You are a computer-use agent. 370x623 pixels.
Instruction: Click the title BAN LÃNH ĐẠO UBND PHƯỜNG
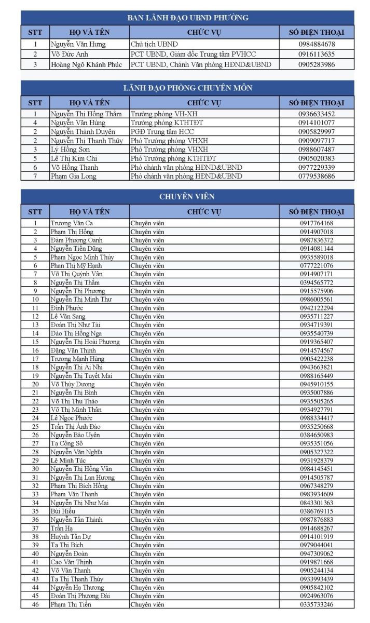tap(187, 18)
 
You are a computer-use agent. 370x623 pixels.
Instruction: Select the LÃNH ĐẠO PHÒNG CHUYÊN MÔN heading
tap(187, 88)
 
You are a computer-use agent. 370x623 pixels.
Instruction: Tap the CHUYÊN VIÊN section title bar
tap(187, 197)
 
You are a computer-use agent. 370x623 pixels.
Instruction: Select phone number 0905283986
tap(317, 64)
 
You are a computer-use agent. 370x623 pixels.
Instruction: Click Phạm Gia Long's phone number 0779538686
tap(317, 176)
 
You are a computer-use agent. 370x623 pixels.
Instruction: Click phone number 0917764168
tap(317, 223)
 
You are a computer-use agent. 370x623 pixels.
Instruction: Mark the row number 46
tap(35, 604)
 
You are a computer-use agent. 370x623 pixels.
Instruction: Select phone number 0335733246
tap(317, 604)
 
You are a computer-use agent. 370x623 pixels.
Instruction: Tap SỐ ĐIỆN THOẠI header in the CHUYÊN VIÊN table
tap(317, 211)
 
